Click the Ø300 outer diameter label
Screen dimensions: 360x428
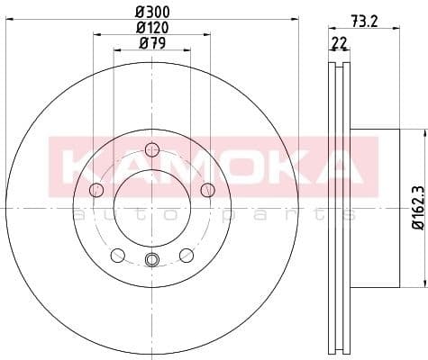point(150,12)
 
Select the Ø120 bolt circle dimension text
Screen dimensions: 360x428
point(150,27)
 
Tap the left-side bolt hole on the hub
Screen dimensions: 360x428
point(96,189)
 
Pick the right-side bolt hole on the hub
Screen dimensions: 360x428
point(207,189)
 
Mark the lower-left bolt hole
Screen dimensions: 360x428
point(117,255)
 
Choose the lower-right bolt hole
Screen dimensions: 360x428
point(187,255)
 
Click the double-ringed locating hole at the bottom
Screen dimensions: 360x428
point(151,261)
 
